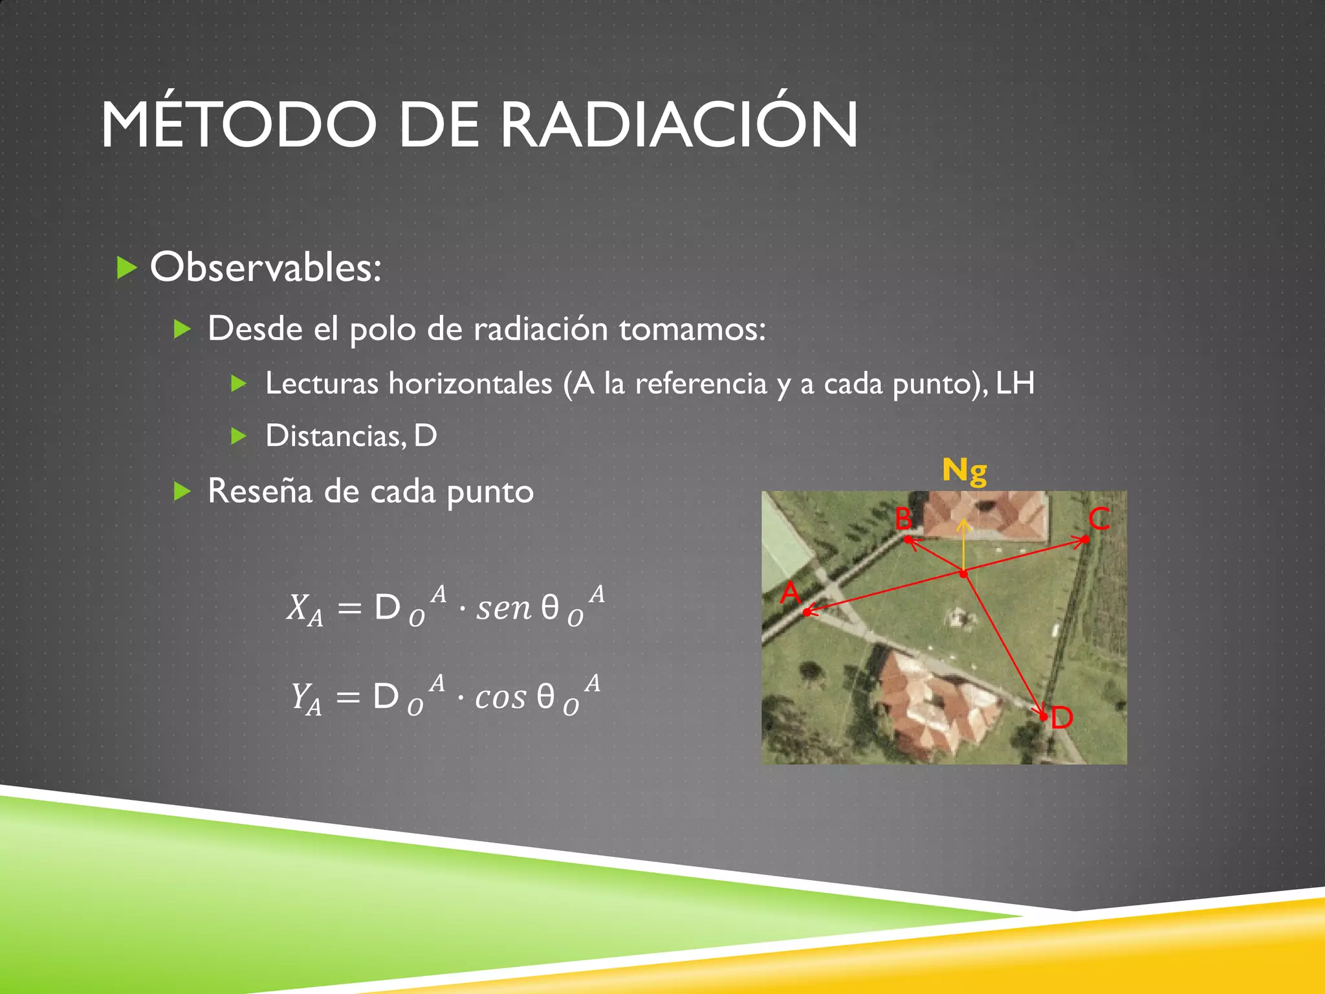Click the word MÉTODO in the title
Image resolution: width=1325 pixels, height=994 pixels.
tap(238, 124)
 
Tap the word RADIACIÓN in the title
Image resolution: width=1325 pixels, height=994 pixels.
tap(679, 124)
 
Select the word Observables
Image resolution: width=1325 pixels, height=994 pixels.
tap(265, 267)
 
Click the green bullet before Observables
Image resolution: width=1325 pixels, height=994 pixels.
tap(127, 267)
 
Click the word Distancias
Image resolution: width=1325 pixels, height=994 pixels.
tap(336, 436)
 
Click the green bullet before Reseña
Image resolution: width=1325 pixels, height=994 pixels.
tap(182, 492)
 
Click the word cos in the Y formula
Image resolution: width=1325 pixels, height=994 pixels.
tap(500, 698)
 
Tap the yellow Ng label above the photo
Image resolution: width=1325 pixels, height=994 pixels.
tap(964, 470)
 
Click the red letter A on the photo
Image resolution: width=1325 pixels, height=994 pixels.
tap(790, 592)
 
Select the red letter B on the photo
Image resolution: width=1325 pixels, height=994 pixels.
tap(903, 518)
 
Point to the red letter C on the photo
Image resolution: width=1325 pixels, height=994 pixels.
tap(1099, 518)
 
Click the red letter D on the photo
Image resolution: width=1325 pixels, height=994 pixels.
tap(1062, 718)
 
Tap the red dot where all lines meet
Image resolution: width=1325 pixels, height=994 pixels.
tap(964, 573)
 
